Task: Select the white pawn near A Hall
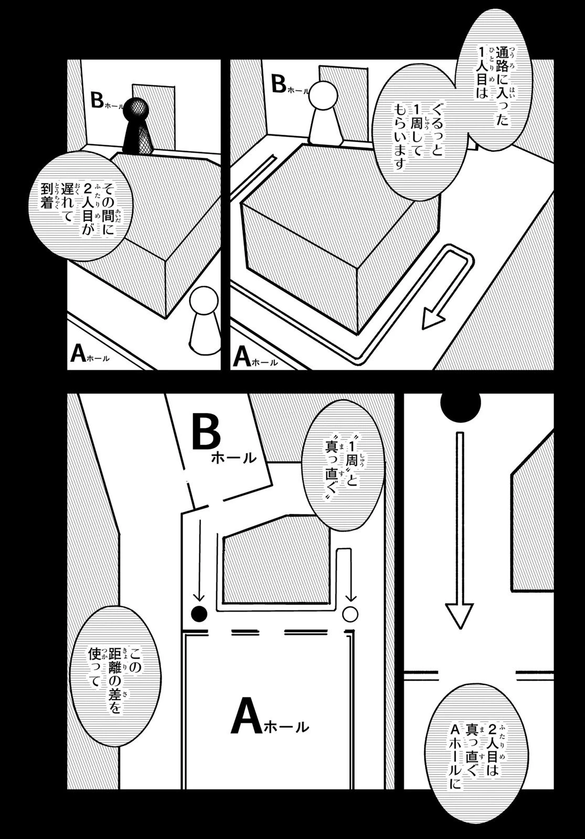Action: [x=203, y=320]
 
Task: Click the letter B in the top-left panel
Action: [x=97, y=100]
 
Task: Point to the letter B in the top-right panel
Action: [x=279, y=84]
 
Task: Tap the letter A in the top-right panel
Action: [x=241, y=357]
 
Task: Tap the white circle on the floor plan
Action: [x=350, y=613]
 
